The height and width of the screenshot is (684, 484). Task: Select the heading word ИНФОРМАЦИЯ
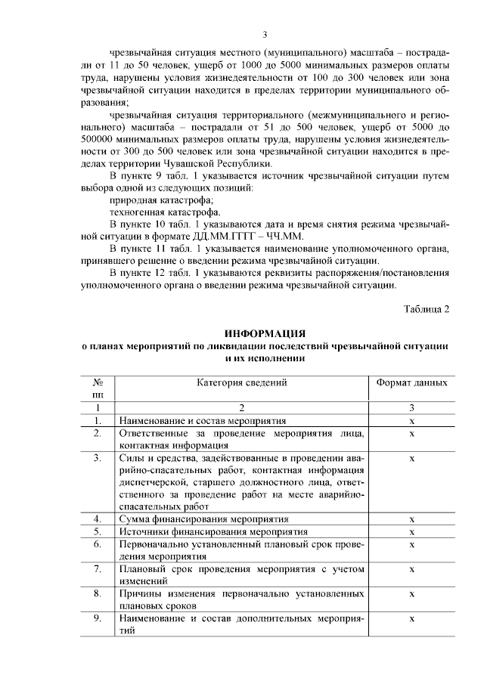(265, 333)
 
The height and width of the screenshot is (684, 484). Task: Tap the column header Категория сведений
(242, 382)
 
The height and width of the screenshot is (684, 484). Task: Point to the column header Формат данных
(411, 382)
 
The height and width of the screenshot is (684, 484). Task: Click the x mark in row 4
(411, 519)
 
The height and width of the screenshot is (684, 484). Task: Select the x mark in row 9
(411, 618)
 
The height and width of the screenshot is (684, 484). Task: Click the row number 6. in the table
(98, 544)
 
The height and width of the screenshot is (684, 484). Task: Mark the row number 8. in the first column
(98, 593)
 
